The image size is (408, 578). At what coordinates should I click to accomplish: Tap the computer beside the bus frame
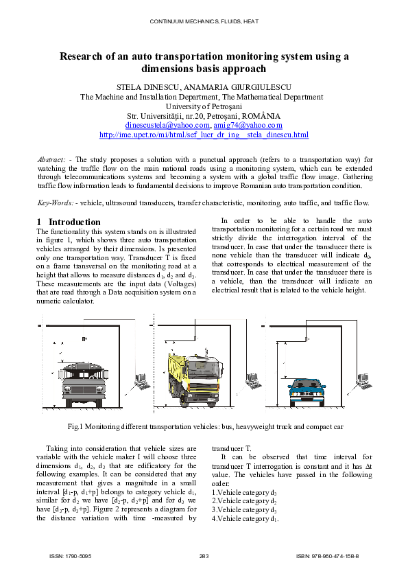pyautogui.click(x=141, y=380)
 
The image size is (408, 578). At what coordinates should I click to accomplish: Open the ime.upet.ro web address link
pyautogui.click(x=204, y=135)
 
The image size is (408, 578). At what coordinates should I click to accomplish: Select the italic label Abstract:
pyautogui.click(x=51, y=159)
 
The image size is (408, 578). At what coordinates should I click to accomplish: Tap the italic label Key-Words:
pyautogui.click(x=55, y=203)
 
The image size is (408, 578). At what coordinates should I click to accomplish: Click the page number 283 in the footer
pyautogui.click(x=204, y=555)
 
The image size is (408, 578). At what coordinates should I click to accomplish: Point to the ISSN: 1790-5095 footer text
pyautogui.click(x=71, y=555)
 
